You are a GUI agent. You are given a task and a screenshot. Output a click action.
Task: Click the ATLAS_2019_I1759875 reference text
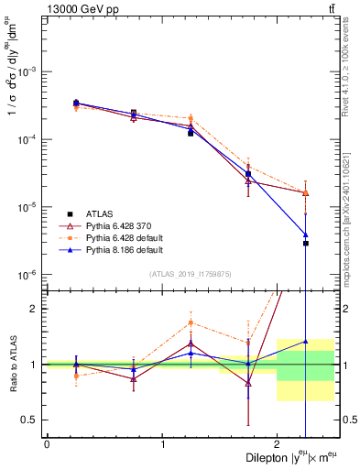[190, 273]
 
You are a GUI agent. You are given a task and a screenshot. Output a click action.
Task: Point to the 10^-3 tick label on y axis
[27, 71]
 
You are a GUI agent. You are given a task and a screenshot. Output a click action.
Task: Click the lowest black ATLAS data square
[306, 243]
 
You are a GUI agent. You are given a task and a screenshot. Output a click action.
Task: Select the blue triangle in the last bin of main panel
[306, 234]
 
